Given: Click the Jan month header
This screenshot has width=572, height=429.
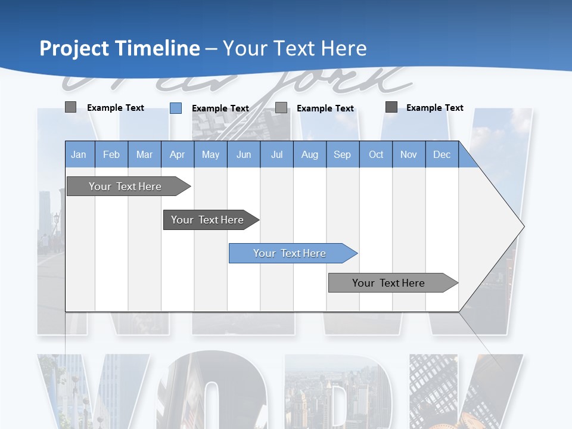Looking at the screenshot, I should (x=79, y=154).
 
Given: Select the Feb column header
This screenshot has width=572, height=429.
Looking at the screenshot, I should (x=111, y=154).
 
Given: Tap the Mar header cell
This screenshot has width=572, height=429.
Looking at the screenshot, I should (x=144, y=154).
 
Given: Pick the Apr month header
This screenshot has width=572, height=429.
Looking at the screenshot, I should (x=178, y=154).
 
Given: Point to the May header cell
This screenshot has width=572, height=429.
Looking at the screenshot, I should (x=210, y=154).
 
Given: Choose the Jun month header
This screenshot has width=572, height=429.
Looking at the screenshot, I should (x=244, y=154).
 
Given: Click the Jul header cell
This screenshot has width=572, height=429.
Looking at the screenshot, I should (x=276, y=154).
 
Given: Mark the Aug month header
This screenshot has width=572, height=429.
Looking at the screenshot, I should (x=310, y=154).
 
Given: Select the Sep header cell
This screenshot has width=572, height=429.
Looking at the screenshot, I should (x=343, y=154).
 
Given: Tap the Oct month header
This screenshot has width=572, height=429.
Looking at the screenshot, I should (x=376, y=154).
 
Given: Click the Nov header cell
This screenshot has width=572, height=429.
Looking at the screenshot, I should (x=409, y=154).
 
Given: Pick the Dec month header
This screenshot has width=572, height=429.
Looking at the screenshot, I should (x=442, y=154).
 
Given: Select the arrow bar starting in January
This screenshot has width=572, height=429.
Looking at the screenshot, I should (x=126, y=186).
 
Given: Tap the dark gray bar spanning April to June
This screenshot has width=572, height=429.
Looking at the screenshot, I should (x=208, y=220).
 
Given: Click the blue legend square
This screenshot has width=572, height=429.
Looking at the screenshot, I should (x=176, y=108).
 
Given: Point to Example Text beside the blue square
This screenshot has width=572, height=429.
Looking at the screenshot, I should (x=220, y=108).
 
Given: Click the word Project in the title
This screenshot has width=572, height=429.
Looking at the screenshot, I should (x=74, y=48).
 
